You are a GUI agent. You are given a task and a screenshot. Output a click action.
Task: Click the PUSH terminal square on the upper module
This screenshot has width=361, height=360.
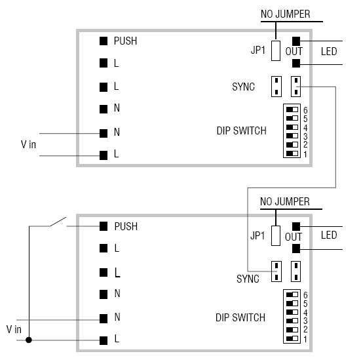click(x=103, y=41)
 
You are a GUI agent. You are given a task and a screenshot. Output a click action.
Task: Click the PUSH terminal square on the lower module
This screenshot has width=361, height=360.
click(x=103, y=226)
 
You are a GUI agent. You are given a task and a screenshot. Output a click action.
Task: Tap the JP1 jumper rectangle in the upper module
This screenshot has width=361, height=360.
click(x=276, y=50)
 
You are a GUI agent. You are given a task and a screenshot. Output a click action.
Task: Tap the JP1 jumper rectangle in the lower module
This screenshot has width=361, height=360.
click(x=276, y=236)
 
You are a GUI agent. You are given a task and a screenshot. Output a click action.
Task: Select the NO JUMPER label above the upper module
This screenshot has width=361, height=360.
click(x=285, y=13)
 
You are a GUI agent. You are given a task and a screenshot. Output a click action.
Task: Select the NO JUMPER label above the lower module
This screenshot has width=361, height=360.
click(x=285, y=201)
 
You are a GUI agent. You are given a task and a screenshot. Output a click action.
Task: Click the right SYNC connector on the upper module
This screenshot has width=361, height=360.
click(x=296, y=86)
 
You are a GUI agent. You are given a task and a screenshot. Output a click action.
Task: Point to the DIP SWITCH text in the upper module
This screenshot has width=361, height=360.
click(x=241, y=130)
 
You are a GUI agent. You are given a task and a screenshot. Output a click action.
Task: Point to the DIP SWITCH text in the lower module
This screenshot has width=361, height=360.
click(x=240, y=317)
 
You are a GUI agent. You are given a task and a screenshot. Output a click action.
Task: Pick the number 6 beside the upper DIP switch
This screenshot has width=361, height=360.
click(x=305, y=110)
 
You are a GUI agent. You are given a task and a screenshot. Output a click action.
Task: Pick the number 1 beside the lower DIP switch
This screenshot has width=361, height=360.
click(x=305, y=340)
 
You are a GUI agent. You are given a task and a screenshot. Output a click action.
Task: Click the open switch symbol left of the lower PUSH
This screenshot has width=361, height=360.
click(x=58, y=222)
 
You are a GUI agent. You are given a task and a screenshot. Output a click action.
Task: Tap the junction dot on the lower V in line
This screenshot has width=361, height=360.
click(x=29, y=340)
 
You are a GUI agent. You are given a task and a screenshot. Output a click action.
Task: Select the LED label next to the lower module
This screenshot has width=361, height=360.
click(x=328, y=236)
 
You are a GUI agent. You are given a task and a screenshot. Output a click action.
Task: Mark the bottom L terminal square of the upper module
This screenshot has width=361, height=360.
click(x=103, y=155)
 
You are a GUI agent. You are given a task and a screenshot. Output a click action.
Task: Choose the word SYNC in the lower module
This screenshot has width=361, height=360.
click(x=248, y=279)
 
